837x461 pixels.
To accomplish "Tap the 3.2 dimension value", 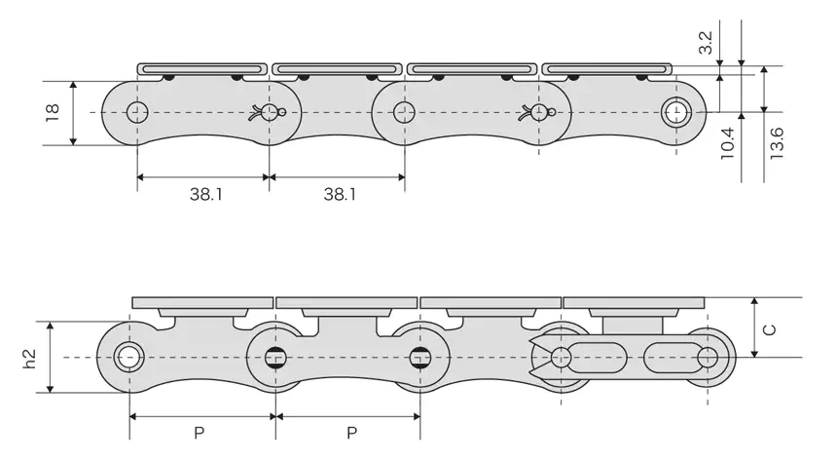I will point(707,41).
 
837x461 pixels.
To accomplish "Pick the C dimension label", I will point(769,329).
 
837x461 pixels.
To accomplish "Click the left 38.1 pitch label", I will point(205,194).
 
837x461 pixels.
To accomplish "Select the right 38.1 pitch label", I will point(339,194).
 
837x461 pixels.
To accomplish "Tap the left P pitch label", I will point(199,432).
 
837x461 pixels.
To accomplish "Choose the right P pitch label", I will point(347,432).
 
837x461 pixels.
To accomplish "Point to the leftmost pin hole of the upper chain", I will point(137,112).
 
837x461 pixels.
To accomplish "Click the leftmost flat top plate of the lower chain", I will point(201,301).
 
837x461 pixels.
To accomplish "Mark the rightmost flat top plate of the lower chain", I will point(634,301).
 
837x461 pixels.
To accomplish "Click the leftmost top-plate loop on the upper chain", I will point(202,68).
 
